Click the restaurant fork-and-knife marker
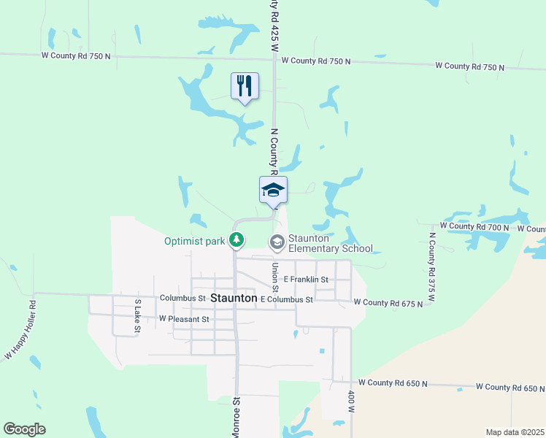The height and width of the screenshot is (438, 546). [x=245, y=85]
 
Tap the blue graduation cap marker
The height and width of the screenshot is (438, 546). [x=273, y=190]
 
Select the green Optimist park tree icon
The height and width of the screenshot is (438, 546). [x=237, y=239]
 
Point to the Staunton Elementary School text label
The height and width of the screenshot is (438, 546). [x=330, y=242]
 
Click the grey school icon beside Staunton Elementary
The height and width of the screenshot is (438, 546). [x=277, y=241]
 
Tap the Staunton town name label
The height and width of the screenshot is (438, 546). [x=233, y=298]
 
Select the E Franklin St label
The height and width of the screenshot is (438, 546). [x=307, y=280]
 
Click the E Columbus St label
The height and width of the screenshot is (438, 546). [x=286, y=299]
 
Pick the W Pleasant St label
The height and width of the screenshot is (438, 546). [x=184, y=319]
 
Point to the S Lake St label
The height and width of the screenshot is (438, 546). [x=137, y=315]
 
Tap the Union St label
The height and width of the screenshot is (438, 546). [x=276, y=277]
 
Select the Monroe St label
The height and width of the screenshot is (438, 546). [x=237, y=416]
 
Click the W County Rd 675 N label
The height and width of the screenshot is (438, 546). [x=388, y=302]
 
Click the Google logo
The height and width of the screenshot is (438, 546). [x=24, y=429]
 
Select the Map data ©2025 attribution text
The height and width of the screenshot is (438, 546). [x=515, y=432]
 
